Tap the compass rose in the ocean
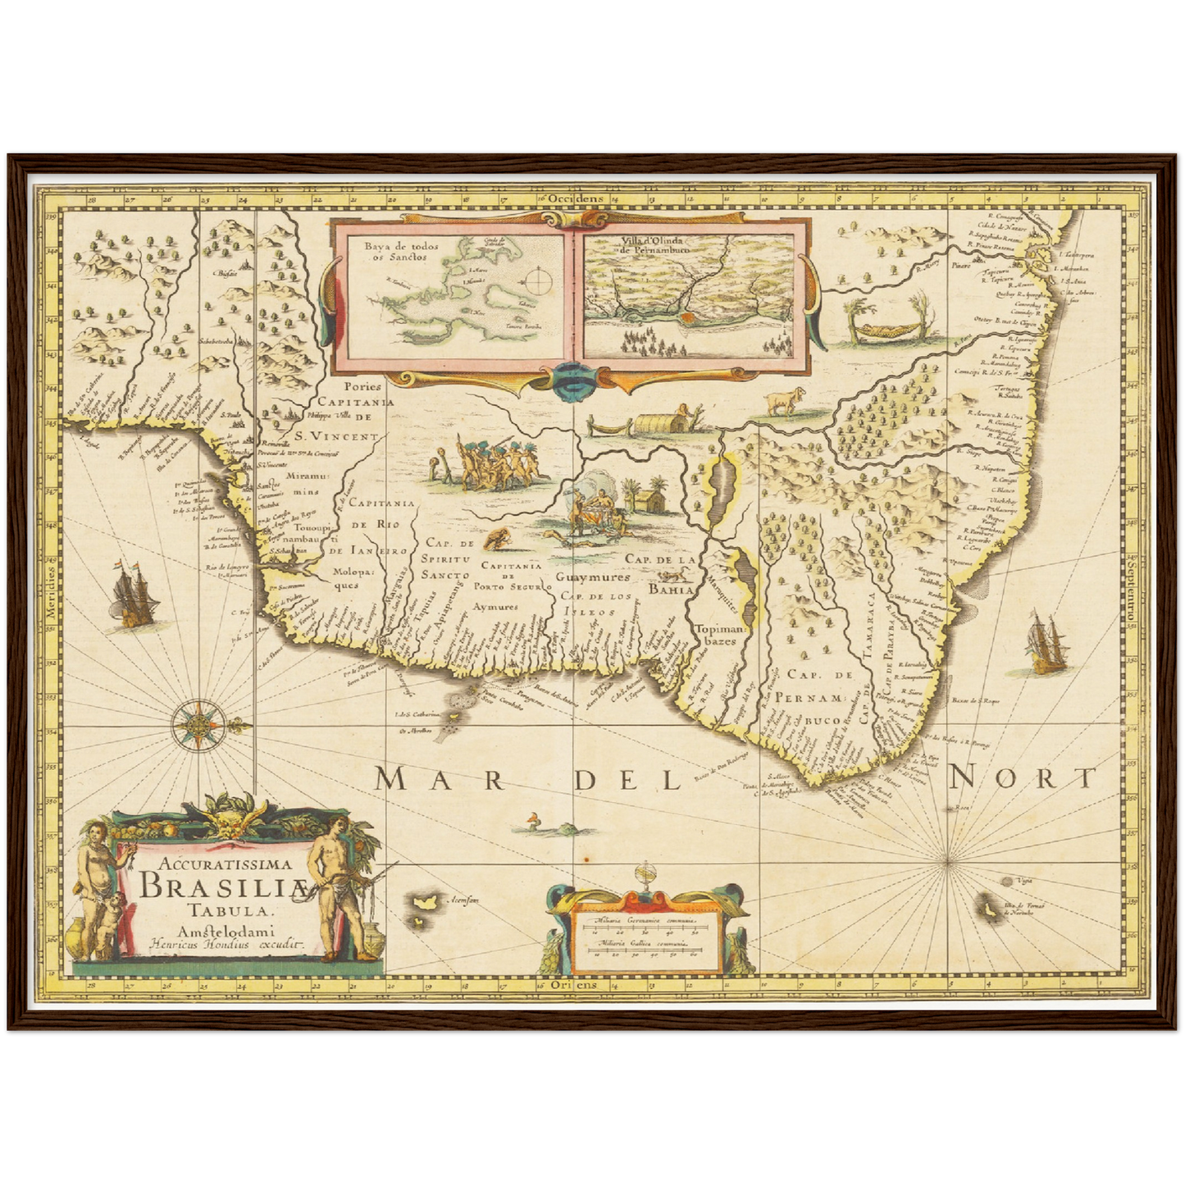pyautogui.click(x=199, y=724)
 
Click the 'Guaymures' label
pyautogui.click(x=587, y=577)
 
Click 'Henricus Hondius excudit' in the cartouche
pyautogui.click(x=215, y=944)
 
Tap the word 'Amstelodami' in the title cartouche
pyautogui.click(x=214, y=929)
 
